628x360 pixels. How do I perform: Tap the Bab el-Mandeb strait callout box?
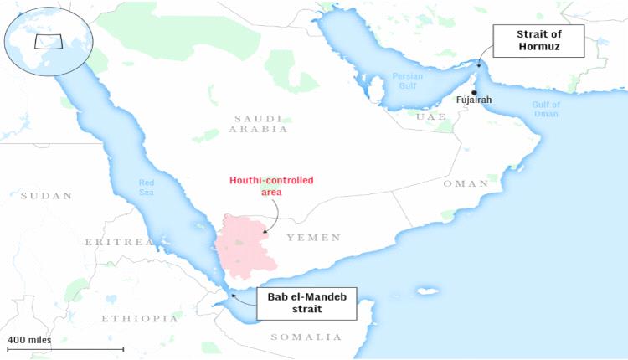(306, 303)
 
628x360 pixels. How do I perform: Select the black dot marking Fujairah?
(475, 92)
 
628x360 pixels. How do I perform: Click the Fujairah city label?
(474, 100)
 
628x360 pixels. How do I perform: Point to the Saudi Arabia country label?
(260, 124)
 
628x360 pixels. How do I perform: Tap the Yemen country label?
(313, 238)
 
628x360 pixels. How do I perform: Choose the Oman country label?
(466, 183)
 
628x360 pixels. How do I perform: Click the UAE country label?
(431, 116)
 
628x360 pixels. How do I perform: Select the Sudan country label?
(47, 195)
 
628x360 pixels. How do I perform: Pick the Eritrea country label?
(119, 242)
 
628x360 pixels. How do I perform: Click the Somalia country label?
(306, 337)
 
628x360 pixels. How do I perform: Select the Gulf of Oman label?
(545, 109)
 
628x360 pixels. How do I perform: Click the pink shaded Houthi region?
(245, 249)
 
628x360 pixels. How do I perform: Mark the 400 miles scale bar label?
(29, 339)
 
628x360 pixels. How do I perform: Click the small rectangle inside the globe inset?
(48, 41)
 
